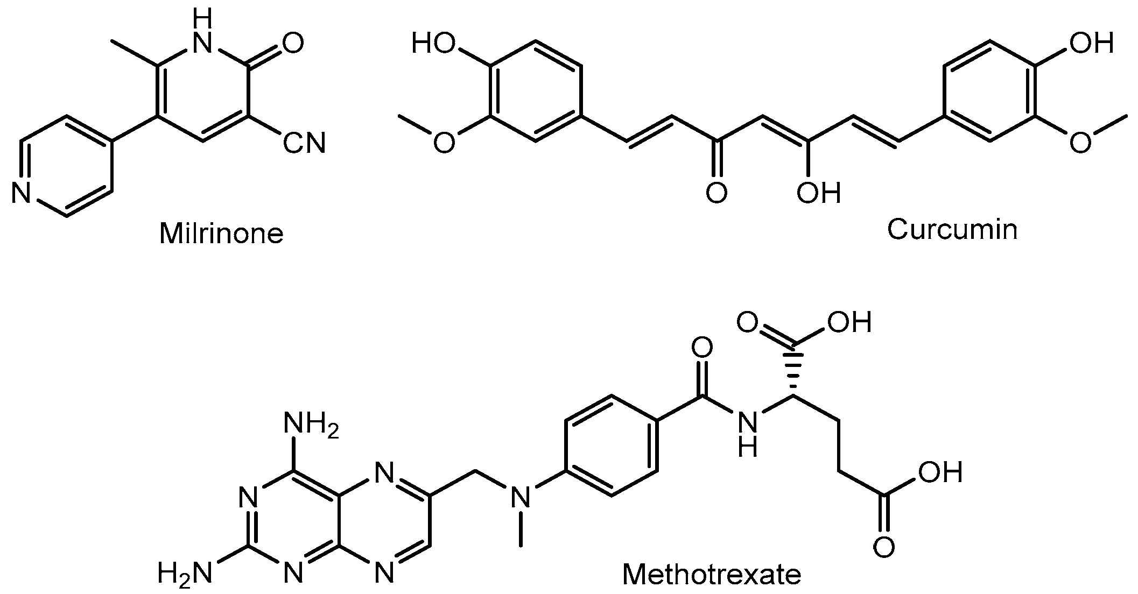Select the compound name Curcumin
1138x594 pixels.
952,229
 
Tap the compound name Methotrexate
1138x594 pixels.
712,574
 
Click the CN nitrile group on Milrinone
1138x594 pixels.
305,143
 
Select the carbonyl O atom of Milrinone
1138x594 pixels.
292,43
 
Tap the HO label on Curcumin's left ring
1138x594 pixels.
434,43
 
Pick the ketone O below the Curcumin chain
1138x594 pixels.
716,193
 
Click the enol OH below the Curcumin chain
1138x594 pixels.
818,193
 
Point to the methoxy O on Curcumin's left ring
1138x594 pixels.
443,143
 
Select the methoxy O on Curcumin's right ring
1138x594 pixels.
1080,143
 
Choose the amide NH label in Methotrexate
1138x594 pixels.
747,433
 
